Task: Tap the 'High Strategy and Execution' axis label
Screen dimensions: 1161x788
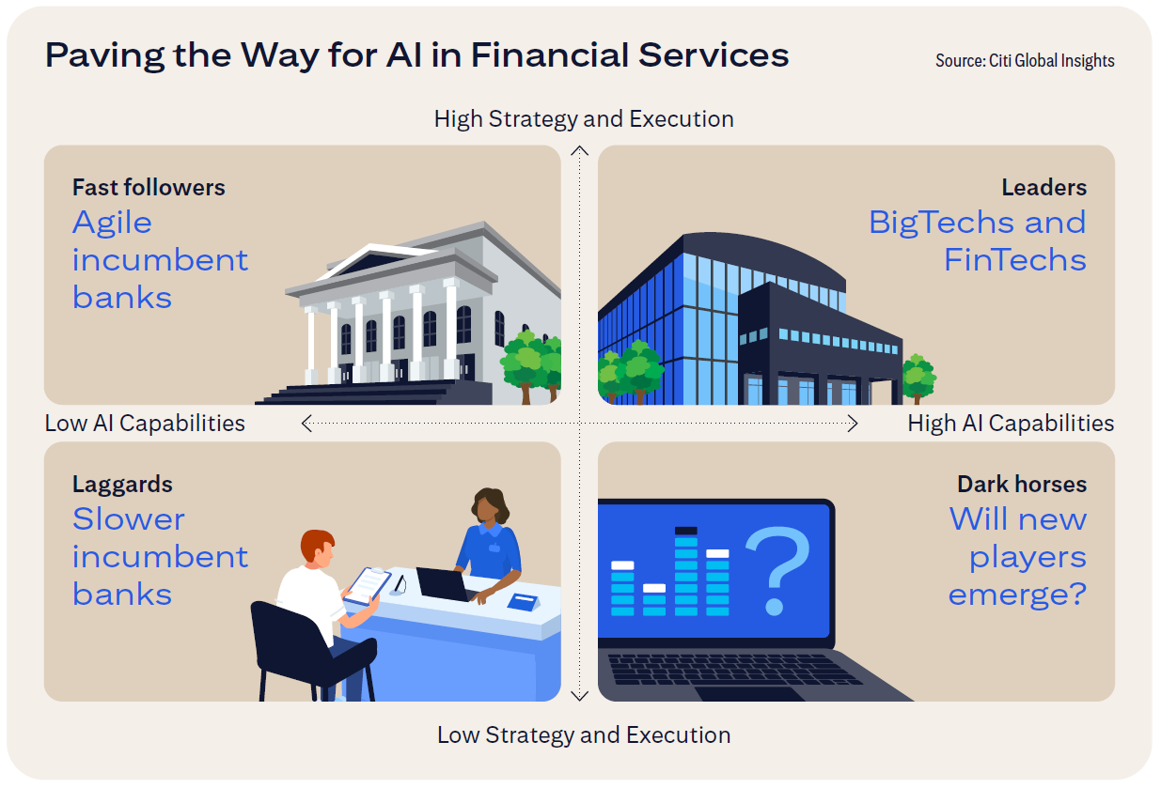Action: point(584,119)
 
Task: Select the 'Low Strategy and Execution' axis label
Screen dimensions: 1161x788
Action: point(584,735)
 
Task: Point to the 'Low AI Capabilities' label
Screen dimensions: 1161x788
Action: point(145,423)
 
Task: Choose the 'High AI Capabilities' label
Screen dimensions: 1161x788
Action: point(1011,423)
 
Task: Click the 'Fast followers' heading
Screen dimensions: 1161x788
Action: point(149,188)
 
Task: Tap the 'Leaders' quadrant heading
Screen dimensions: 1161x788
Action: point(1043,188)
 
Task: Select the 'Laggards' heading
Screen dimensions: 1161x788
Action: point(122,485)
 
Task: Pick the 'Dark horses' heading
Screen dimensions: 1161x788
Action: point(1022,484)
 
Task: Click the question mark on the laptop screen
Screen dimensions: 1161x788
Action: point(777,570)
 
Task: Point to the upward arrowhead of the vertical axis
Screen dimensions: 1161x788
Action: point(579,150)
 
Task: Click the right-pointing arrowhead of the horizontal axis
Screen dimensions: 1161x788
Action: point(853,423)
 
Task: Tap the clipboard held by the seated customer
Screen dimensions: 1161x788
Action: point(368,586)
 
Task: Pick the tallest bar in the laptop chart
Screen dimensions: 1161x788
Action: point(685,571)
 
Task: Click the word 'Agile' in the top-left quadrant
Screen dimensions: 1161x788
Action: point(112,224)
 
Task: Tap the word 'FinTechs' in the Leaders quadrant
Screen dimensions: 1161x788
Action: point(1015,259)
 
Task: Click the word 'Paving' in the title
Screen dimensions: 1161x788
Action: point(104,55)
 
